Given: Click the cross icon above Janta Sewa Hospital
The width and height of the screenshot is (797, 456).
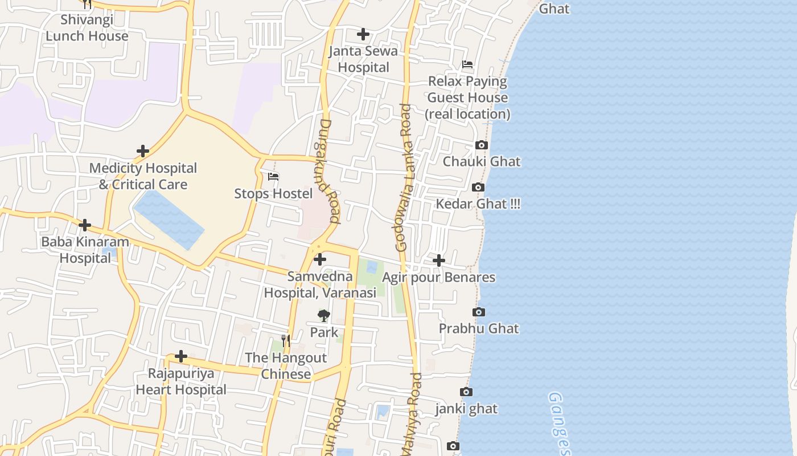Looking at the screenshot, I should [363, 34].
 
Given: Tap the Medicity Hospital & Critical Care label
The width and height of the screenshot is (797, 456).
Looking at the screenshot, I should [143, 176].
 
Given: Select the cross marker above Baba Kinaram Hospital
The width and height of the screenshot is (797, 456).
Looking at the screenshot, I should [85, 225].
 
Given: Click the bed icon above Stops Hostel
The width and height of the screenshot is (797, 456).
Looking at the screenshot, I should [273, 177].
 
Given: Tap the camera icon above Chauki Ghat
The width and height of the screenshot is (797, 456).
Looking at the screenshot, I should [482, 145].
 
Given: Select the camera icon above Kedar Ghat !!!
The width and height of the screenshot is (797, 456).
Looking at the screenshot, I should [478, 188].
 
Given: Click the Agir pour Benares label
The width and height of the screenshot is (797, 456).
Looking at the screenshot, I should [438, 278].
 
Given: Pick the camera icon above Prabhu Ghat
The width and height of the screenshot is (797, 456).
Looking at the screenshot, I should [479, 312].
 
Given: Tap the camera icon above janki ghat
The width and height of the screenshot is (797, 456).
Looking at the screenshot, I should [466, 392].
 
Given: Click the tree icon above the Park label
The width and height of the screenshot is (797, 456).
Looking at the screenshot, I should [323, 315].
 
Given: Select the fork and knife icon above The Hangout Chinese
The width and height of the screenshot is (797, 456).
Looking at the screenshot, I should [286, 341].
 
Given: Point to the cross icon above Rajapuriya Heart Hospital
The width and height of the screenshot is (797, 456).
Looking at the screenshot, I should [181, 357].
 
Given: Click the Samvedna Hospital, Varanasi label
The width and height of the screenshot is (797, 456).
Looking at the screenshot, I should [320, 285].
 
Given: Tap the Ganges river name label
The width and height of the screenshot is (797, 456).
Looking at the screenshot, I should [558, 422].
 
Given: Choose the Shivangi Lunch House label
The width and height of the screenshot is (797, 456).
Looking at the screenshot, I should [87, 28].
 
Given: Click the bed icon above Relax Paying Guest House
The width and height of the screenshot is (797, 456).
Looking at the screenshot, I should [467, 65].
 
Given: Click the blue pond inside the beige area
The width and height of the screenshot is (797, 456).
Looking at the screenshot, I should [168, 219].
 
